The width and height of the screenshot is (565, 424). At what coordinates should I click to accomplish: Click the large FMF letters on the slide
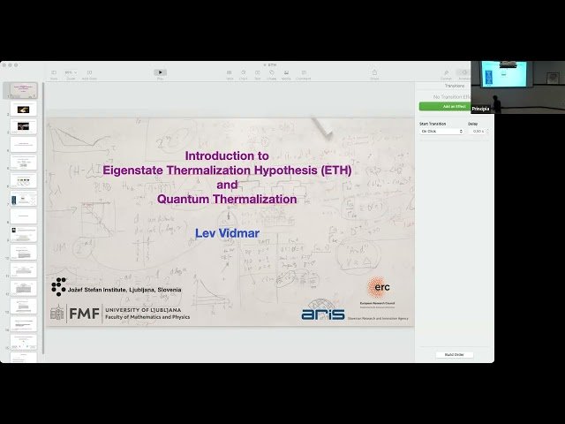pyautogui.click(x=84, y=313)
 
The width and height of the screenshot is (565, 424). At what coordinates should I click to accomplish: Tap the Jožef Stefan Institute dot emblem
pyautogui.click(x=58, y=285)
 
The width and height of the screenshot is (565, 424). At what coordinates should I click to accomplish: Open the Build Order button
pyautogui.click(x=454, y=354)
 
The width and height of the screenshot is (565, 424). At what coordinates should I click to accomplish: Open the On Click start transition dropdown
pyautogui.click(x=441, y=131)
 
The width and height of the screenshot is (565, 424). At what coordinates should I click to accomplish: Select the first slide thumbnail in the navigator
pyautogui.click(x=22, y=90)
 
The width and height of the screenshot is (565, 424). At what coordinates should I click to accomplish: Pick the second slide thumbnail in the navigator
pyautogui.click(x=23, y=109)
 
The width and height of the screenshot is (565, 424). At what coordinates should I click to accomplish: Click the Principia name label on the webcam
pyautogui.click(x=480, y=109)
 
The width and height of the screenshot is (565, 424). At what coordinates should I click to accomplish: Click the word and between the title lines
pyautogui.click(x=227, y=185)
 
